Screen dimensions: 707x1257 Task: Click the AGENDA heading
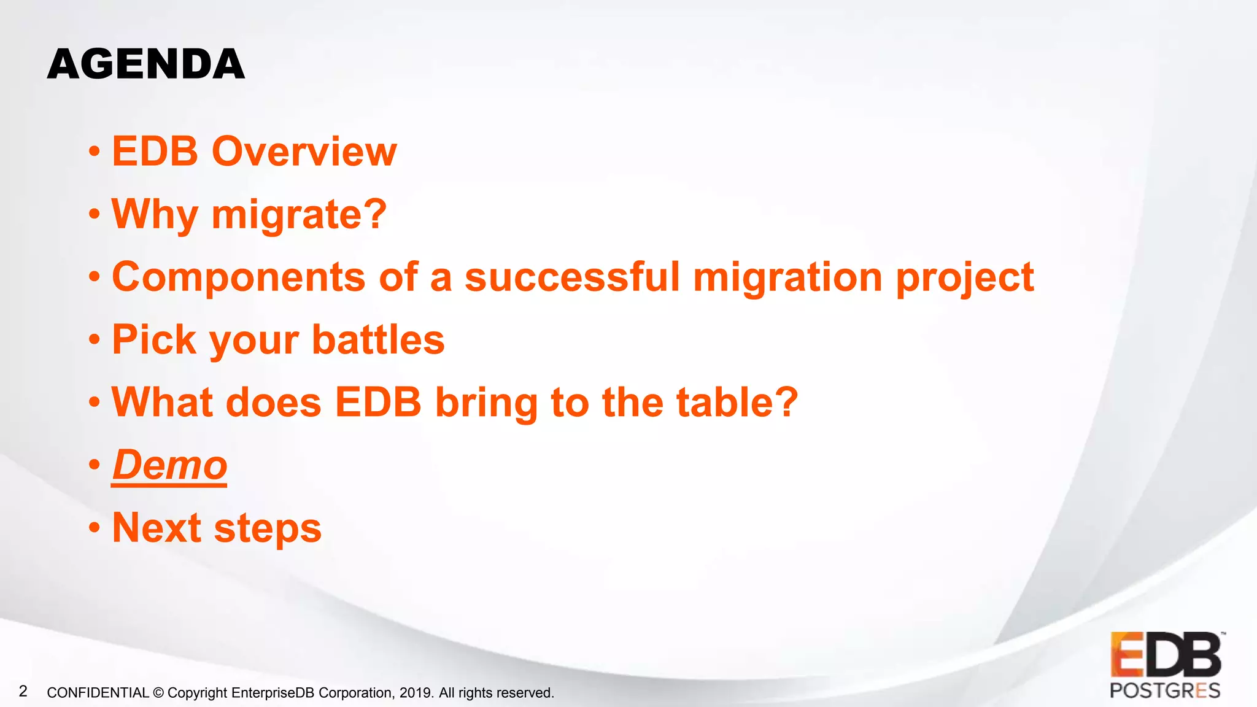[x=146, y=64]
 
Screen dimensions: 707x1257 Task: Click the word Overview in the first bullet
[x=304, y=152]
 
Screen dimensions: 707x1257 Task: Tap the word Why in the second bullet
[x=155, y=215]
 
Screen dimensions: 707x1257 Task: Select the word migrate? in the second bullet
[x=299, y=215]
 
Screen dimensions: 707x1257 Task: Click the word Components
[x=239, y=277]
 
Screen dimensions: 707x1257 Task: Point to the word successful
[x=572, y=277]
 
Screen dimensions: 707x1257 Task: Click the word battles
[x=378, y=340]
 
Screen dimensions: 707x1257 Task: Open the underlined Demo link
[x=169, y=465]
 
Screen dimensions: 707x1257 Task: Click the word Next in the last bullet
[x=157, y=528]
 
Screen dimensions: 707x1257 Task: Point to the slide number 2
[x=23, y=692]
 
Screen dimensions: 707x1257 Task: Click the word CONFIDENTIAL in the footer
[x=98, y=693]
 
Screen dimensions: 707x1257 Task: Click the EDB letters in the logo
[x=1165, y=655]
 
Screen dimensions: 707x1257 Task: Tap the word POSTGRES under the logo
[x=1164, y=690]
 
